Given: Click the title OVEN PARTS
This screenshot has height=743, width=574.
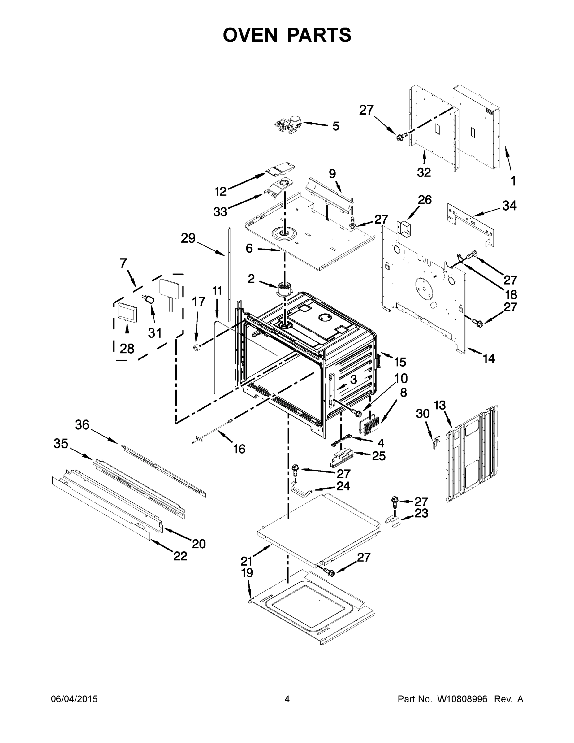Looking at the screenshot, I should click(287, 35).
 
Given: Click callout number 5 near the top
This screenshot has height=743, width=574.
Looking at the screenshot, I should click(336, 126).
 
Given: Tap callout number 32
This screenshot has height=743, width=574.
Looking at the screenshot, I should click(424, 172).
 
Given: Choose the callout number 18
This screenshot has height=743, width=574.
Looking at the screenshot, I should click(511, 294).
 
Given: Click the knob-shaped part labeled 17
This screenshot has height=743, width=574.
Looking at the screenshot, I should click(196, 348).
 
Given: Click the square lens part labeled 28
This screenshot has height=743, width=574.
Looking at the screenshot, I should click(127, 312).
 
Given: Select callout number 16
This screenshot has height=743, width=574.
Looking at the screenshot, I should click(239, 449).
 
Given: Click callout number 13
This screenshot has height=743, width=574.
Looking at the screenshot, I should click(439, 405).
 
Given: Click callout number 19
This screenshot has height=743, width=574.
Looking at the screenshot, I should click(247, 573).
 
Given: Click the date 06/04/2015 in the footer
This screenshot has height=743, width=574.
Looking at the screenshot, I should click(74, 699).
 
